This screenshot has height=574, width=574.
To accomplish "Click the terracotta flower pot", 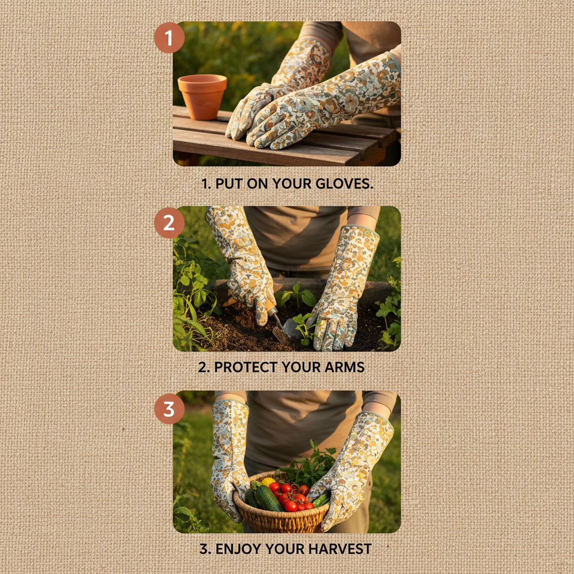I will click(202, 96).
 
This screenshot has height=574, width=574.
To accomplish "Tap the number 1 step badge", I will click(169, 38).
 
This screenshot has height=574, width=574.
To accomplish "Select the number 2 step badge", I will click(169, 223).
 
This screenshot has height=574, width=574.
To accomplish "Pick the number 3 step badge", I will click(169, 409).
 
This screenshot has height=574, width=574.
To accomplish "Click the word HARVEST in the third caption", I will click(340, 549).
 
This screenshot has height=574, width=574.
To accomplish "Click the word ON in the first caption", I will click(259, 183).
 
